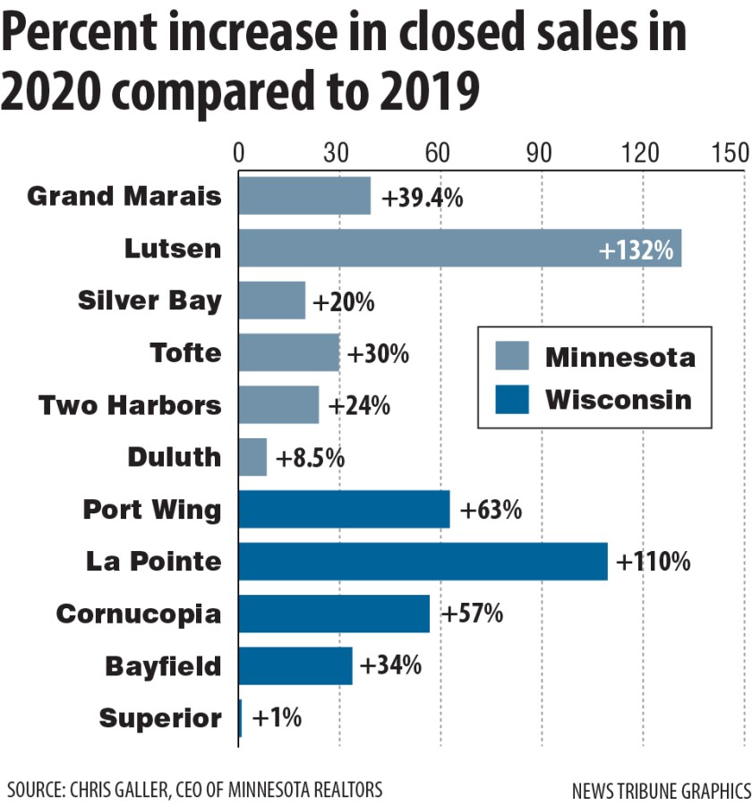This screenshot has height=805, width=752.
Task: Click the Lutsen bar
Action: pos(459,248)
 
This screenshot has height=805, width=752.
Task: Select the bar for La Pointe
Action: pos(423,561)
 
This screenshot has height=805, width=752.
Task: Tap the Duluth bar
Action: pos(252,457)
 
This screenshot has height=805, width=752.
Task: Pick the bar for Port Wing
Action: pos(344,509)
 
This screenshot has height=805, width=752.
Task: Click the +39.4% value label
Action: pos(423,198)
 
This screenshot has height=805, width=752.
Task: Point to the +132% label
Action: pos(636,250)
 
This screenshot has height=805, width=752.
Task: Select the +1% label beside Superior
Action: pos(278,718)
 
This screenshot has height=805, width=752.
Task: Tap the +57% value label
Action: pos(472,614)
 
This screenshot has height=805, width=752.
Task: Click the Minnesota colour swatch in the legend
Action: pos(512,357)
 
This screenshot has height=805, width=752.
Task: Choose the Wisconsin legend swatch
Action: pos(512,398)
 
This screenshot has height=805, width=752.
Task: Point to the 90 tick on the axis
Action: pos(541,153)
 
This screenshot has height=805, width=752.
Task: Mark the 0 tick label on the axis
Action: pos(239,153)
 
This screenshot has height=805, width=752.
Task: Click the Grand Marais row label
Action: pos(124,196)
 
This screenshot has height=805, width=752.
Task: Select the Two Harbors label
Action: pos(130,405)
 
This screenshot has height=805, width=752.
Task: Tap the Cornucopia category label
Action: pos(138,614)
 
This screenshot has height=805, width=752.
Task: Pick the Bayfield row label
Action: pos(163,666)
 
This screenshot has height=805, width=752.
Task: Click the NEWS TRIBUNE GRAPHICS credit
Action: pos(661,791)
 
